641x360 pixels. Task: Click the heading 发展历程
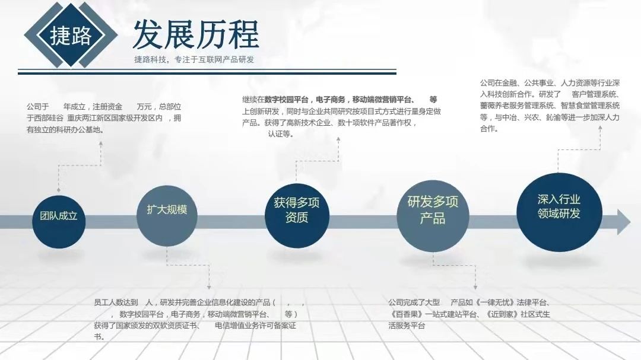(195, 34)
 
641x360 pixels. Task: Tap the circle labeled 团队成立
(59, 216)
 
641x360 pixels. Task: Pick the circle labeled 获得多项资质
(296, 210)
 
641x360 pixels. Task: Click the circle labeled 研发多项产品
(433, 211)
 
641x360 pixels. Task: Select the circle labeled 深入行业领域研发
(559, 206)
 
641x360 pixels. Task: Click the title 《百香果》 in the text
(406, 314)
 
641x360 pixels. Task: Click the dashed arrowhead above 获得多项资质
(338, 140)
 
